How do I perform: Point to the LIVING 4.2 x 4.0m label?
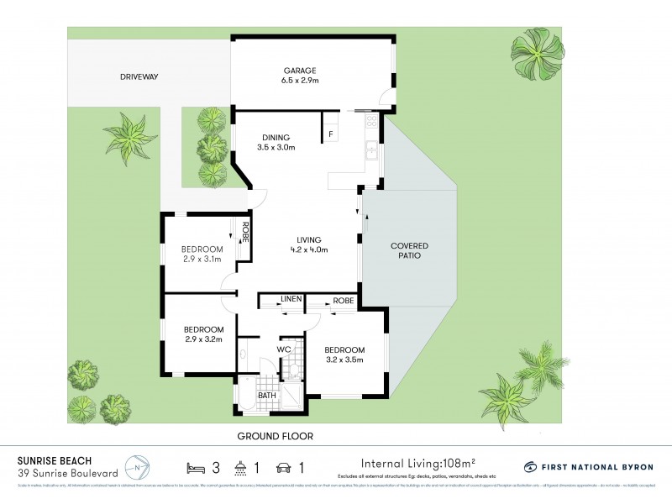(307, 244)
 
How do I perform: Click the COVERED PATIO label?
(409, 250)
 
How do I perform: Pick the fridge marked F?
(331, 134)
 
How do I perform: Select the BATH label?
(267, 395)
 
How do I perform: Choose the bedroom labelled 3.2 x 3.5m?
(344, 354)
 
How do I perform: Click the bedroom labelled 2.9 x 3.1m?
(202, 254)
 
